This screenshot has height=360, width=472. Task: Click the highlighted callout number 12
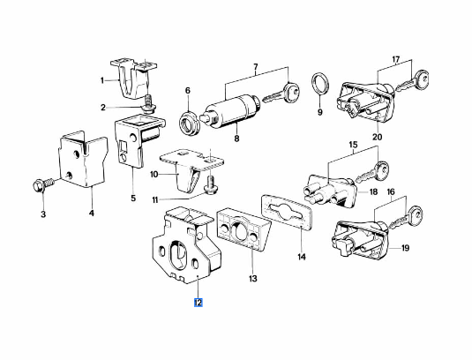point(199,303)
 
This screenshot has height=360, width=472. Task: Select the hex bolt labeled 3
point(43,184)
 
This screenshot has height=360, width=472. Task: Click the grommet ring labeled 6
point(188,124)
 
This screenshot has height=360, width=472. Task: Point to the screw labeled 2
point(148,103)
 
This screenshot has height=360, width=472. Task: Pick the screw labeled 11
point(210,184)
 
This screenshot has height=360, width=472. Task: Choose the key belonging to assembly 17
point(413,80)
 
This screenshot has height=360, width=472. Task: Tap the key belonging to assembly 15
point(372,171)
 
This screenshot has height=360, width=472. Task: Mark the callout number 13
point(253,279)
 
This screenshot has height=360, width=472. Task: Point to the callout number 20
point(378,137)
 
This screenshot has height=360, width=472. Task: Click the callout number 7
point(256,66)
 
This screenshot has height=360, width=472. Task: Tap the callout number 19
point(405,248)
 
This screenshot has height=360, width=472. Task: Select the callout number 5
point(133,199)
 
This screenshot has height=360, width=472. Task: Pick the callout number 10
point(154,174)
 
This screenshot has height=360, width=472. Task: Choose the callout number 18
point(373,191)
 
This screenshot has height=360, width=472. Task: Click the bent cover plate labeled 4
point(82,159)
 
